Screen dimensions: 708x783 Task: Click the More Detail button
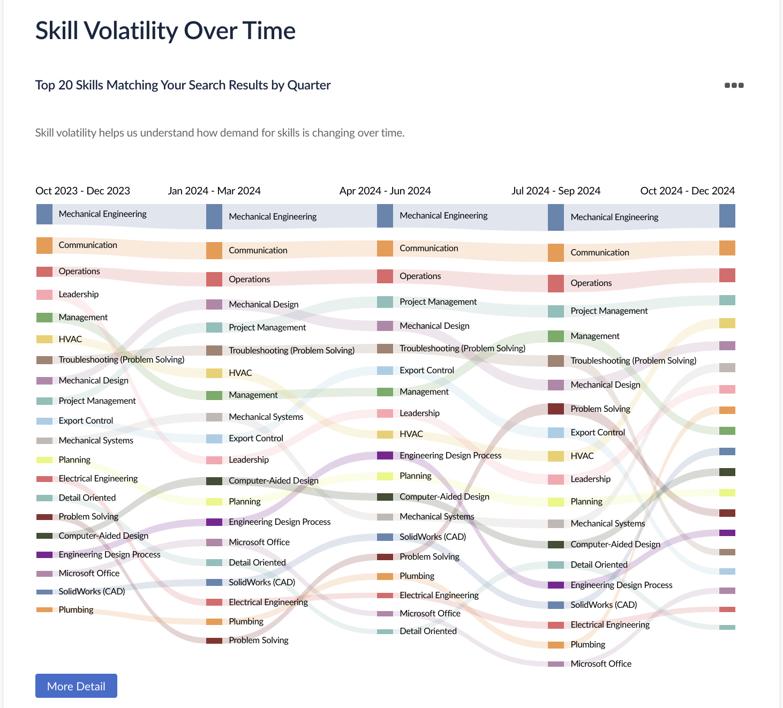pos(76,686)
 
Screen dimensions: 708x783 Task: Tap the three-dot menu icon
pos(734,85)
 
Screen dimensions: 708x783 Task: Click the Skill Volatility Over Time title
pos(165,31)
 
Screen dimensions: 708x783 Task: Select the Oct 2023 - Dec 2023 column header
pos(82,191)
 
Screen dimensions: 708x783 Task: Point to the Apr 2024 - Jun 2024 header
pos(385,191)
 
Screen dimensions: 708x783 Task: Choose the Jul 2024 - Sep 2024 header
pos(555,191)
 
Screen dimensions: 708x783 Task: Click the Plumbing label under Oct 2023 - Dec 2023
pos(76,609)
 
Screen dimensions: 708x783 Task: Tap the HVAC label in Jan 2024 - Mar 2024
pos(240,373)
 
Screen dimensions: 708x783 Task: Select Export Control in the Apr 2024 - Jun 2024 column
pos(426,370)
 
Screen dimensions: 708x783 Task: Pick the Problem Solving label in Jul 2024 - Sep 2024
pos(600,409)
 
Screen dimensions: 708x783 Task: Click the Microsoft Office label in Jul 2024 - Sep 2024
pos(600,664)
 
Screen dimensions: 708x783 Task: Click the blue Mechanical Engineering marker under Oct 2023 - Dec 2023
pos(44,214)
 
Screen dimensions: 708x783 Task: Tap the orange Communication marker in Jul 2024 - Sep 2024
pos(556,253)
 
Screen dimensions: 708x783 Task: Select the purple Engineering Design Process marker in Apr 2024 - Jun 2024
pos(385,455)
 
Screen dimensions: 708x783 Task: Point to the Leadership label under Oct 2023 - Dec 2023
pos(78,294)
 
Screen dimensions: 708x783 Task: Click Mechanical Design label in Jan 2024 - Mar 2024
pos(263,304)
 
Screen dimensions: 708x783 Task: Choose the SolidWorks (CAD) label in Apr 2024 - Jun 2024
pos(432,537)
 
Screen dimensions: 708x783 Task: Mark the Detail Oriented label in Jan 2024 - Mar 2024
pos(257,562)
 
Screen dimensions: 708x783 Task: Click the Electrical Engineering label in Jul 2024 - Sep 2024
pos(609,624)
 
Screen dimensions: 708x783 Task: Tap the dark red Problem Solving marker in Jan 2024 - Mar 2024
pos(214,641)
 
